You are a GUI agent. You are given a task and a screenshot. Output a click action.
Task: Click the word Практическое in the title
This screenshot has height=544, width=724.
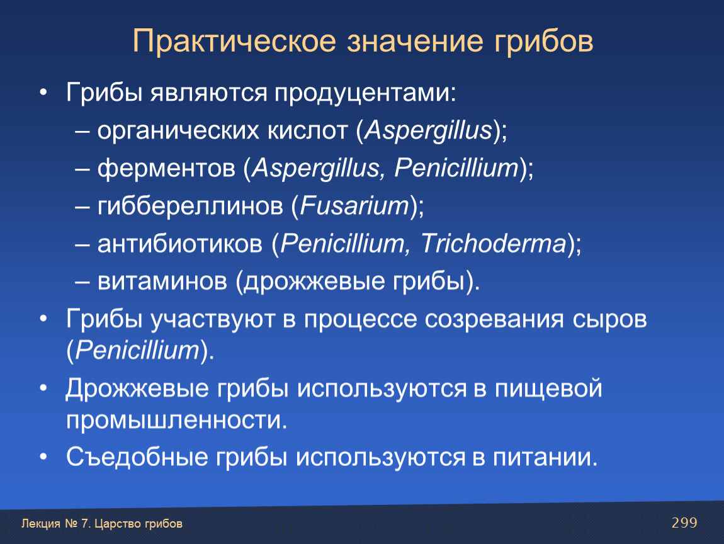[x=235, y=42]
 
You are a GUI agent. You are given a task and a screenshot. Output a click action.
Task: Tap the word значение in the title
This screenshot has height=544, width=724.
[x=415, y=41]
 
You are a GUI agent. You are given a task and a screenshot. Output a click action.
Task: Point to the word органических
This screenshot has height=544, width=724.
[x=178, y=132]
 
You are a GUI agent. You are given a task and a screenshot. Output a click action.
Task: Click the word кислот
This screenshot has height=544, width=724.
[x=307, y=131]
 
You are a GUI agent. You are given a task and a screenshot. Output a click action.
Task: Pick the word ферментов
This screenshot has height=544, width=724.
[x=167, y=169]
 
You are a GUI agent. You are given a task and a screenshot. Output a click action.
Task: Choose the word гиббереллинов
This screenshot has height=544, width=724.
[x=190, y=206]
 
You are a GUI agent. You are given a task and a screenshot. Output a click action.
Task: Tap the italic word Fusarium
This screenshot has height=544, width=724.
[x=354, y=205]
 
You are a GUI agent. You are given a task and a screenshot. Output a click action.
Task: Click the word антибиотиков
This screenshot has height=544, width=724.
[x=180, y=244]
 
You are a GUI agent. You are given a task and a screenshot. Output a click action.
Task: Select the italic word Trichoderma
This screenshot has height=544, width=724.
[x=494, y=244]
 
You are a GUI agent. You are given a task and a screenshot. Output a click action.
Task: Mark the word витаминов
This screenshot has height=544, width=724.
[x=162, y=281]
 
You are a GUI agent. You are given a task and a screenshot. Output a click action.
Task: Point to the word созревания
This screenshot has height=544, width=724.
[x=494, y=320]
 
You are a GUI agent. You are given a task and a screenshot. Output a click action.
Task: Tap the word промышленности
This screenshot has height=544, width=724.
[x=176, y=421]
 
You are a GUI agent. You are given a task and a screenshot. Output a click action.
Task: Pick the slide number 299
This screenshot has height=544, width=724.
[x=684, y=523]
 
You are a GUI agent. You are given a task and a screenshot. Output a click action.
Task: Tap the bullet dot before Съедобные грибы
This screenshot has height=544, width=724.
[x=43, y=457]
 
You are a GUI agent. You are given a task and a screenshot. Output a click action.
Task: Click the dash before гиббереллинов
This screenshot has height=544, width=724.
[x=82, y=208]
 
